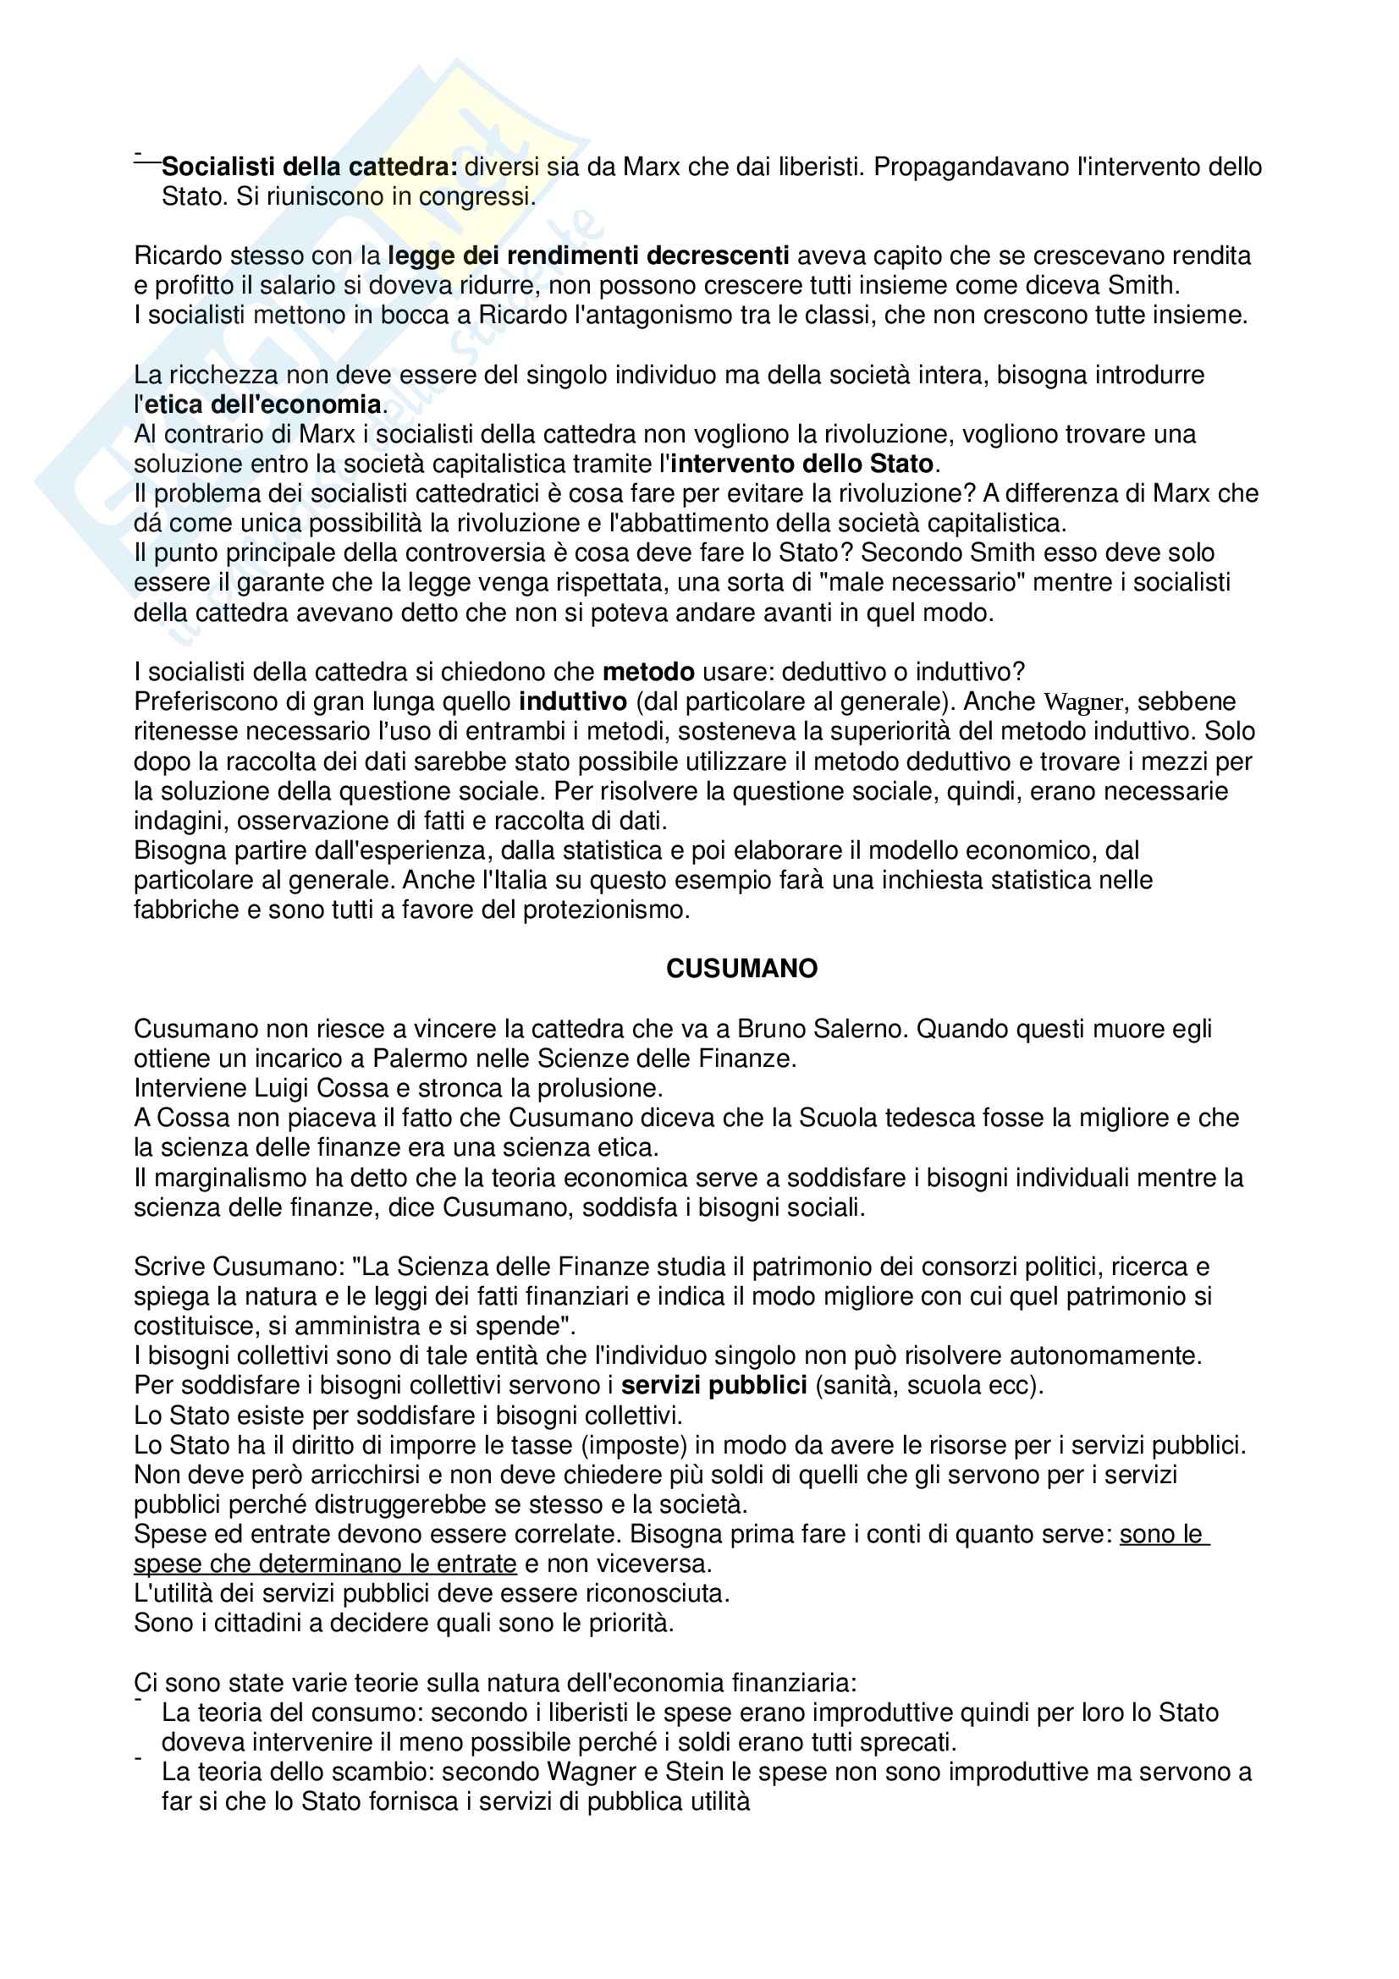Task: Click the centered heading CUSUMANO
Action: (x=741, y=969)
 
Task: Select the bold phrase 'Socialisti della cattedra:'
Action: (x=310, y=167)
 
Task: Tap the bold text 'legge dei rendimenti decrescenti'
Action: (x=588, y=256)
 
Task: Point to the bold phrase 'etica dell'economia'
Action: (x=263, y=404)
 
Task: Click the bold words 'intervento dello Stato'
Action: (x=801, y=464)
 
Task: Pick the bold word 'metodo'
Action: (x=648, y=672)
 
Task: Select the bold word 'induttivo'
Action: (x=572, y=701)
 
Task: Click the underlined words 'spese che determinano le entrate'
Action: (x=325, y=1564)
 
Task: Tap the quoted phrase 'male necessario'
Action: (x=928, y=583)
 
